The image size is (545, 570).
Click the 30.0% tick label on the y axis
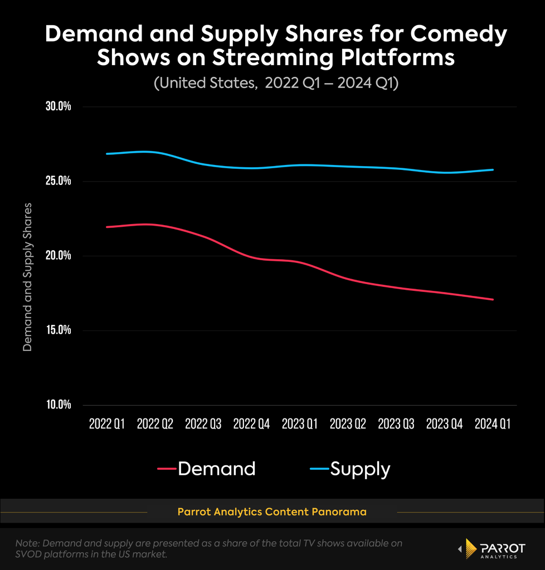(58, 106)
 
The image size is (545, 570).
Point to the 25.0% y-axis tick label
(58, 181)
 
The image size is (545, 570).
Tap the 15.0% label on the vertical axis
(58, 330)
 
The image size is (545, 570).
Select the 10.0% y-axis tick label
(58, 404)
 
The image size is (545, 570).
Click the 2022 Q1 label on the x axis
(107, 424)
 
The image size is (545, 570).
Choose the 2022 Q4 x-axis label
(251, 424)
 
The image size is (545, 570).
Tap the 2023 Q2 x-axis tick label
(348, 424)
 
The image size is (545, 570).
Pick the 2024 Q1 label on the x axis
(493, 424)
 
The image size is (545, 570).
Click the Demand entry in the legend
(207, 469)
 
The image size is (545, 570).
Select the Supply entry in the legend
(350, 469)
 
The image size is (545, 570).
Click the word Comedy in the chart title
(459, 35)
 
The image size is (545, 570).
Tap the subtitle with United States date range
(276, 83)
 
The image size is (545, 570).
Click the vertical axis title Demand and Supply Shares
(28, 277)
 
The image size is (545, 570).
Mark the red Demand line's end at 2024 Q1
(493, 300)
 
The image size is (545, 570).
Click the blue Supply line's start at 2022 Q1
(106, 154)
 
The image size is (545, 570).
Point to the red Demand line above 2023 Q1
(300, 262)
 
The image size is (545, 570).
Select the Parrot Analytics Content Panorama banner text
(272, 512)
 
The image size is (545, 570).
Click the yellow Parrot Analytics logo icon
(470, 548)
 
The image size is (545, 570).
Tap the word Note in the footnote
(27, 543)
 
